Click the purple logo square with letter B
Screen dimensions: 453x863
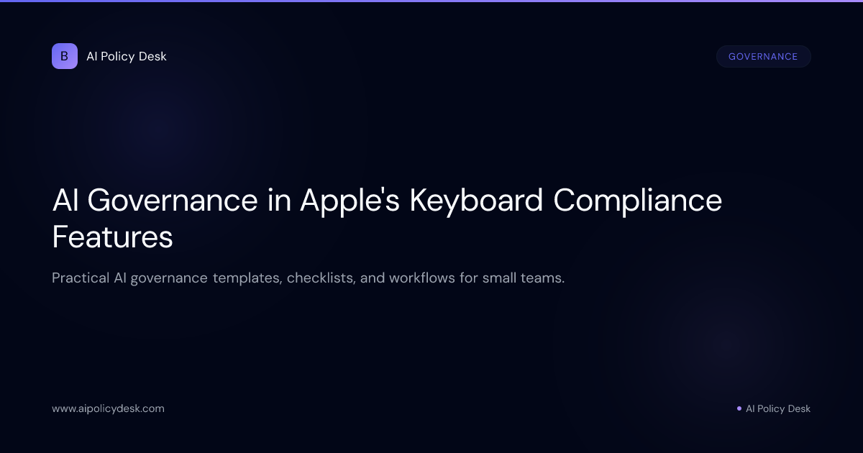coord(65,56)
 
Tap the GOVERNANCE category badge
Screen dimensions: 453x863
coord(763,57)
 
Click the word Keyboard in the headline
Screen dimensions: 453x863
coord(476,200)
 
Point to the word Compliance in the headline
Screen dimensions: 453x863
coord(637,200)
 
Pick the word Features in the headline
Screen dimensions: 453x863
coord(112,237)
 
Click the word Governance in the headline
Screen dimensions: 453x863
coord(173,200)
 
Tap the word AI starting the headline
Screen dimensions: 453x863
coord(65,200)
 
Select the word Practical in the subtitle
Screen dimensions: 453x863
coord(80,278)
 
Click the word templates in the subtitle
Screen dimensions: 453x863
coord(245,278)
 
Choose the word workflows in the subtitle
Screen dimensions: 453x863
coord(424,278)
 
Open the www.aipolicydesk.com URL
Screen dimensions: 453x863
coord(108,408)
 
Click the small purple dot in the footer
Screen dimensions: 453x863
coord(739,408)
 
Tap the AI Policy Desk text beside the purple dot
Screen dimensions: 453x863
coord(777,408)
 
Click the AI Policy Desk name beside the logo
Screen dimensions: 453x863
coord(126,56)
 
